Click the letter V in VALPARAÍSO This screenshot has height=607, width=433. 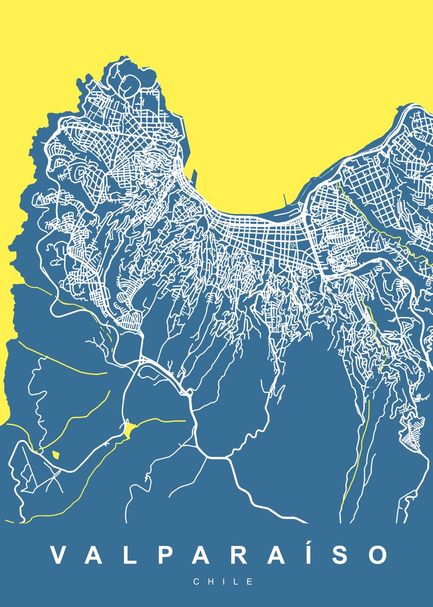(x=59, y=555)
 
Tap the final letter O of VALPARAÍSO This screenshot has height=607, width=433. (x=377, y=555)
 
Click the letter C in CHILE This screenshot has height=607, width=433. (x=197, y=582)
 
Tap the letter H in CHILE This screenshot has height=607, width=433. (x=210, y=582)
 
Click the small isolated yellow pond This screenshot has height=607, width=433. (x=56, y=454)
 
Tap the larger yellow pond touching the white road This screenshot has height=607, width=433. (x=129, y=430)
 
